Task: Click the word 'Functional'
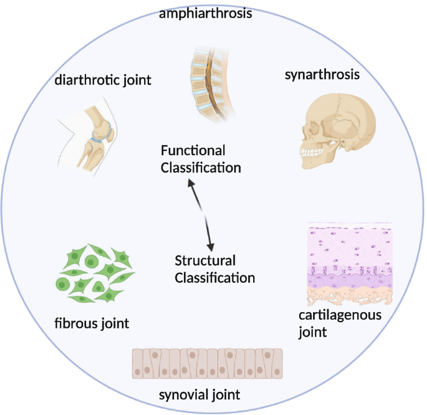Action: point(193,151)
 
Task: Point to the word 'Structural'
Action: point(204,260)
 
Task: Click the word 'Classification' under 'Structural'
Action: point(215,278)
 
